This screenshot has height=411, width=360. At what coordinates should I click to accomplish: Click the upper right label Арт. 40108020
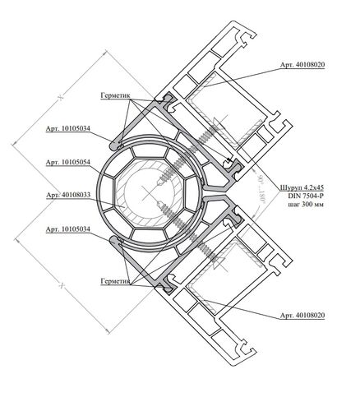[x=302, y=65]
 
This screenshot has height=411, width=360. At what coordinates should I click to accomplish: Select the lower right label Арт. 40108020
[x=302, y=316]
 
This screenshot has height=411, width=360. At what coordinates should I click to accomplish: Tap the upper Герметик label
[x=115, y=95]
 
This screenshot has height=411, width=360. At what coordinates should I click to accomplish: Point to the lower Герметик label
[x=115, y=281]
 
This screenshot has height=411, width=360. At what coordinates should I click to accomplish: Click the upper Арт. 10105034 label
[x=68, y=128]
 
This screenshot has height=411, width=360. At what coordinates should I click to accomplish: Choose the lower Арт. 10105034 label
[x=68, y=229]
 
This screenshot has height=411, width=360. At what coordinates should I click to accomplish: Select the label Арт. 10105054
[x=68, y=162]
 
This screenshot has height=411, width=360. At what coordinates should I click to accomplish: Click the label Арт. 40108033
[x=68, y=195]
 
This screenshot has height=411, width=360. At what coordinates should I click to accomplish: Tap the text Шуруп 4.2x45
[x=302, y=187]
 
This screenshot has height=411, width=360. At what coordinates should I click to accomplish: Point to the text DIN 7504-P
[x=306, y=196]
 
